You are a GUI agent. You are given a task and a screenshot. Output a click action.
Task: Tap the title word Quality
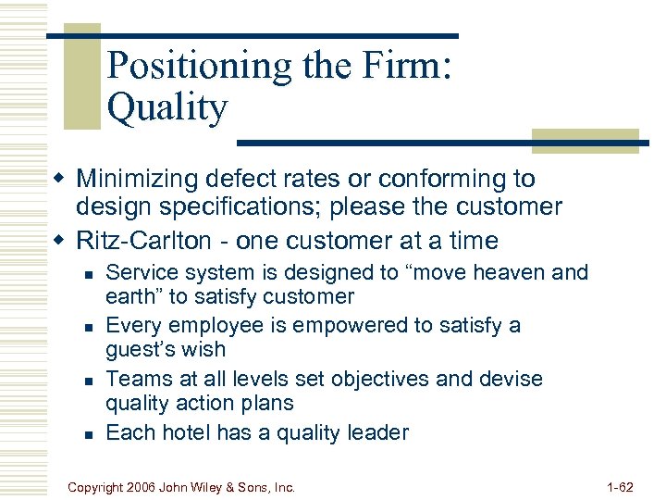click(166, 108)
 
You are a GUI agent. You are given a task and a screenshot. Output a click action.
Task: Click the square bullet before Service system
click(87, 274)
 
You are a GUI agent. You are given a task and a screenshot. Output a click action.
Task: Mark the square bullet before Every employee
click(87, 327)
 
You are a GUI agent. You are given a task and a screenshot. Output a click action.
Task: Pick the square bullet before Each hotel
click(87, 433)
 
